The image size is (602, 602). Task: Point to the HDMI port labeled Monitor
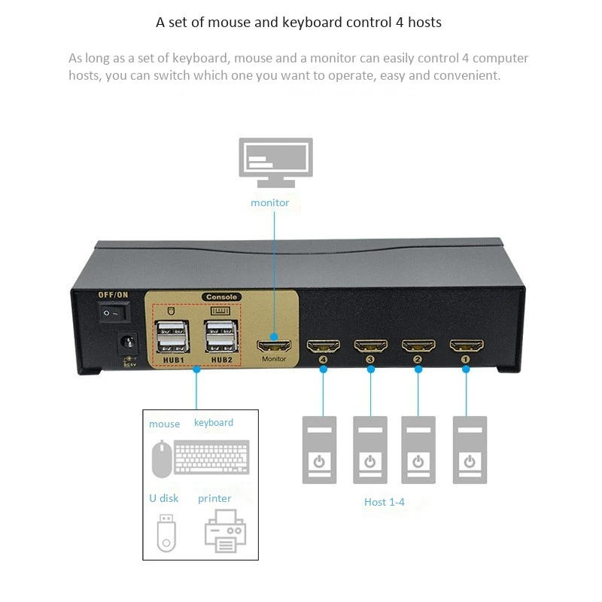pos(274,347)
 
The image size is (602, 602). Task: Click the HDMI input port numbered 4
pos(323,346)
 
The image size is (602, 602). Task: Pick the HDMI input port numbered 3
pos(369,346)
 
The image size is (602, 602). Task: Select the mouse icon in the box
pos(160,458)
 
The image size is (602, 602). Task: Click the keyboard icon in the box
pos(211,458)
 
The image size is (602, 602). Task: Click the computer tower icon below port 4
pos(320,449)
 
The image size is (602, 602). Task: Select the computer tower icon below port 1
pos(470,449)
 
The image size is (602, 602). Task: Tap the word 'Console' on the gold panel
pos(220,297)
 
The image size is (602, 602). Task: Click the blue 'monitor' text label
pos(269,202)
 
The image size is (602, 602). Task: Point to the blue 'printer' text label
pos(214,498)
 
